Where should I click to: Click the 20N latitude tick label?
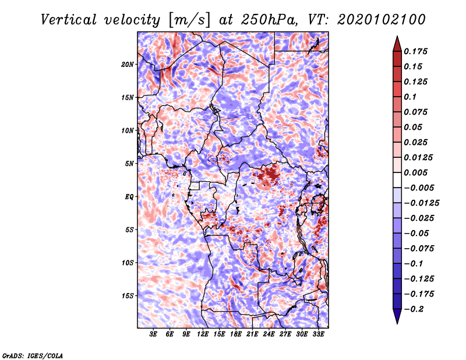[x=127, y=65]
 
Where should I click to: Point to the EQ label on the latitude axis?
[x=129, y=197]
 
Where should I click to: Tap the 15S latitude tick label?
[x=128, y=296]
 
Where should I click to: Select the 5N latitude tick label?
[x=129, y=164]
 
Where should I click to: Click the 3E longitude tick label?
[x=153, y=334]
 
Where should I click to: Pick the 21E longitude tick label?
[x=252, y=334]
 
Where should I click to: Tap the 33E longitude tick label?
[x=318, y=334]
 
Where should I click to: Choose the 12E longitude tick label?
[x=202, y=334]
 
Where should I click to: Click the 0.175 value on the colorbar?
[x=415, y=51]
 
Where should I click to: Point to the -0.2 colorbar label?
[x=414, y=309]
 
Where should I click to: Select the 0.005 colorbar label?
[x=415, y=172]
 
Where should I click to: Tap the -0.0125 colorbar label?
[x=421, y=203]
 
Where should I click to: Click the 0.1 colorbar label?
[x=410, y=97]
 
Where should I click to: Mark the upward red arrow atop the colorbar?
[x=397, y=44]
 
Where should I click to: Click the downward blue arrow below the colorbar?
[x=397, y=316]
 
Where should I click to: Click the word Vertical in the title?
[x=69, y=20]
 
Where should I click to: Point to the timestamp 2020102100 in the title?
[x=381, y=20]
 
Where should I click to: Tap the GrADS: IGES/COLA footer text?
[x=33, y=356]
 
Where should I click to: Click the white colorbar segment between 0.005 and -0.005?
[x=397, y=180]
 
